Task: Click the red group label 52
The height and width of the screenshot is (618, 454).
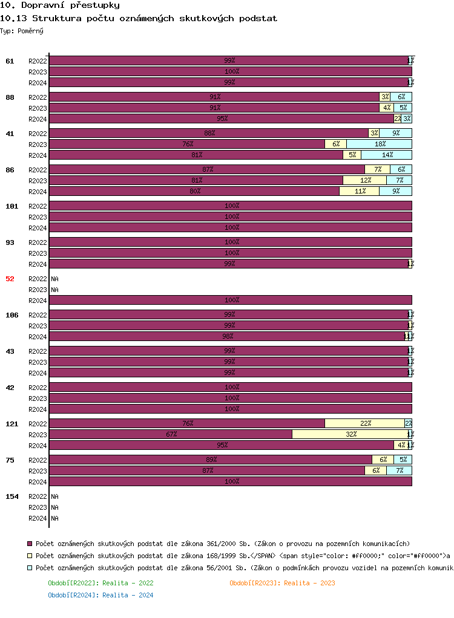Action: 10,279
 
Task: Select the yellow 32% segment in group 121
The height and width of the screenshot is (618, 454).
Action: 350,434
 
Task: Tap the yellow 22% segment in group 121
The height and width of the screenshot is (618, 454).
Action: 364,423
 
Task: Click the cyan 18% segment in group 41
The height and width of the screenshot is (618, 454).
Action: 379,144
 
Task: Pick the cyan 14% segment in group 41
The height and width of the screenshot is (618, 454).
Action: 386,155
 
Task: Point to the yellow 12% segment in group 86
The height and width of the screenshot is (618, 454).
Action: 364,180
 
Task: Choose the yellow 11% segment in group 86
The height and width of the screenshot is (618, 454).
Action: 359,191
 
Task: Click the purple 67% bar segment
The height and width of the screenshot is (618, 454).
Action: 171,434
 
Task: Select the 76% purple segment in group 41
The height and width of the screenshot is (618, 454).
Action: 187,144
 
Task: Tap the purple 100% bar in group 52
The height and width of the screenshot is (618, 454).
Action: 231,300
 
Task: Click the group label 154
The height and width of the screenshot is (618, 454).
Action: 12,496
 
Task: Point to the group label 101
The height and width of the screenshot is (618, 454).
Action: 12,206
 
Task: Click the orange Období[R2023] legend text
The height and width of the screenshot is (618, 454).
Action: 282,583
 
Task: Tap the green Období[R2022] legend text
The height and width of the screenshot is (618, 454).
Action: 100,583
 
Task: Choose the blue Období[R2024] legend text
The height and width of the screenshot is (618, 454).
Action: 100,595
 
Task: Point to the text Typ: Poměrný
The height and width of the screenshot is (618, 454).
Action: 22,30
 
